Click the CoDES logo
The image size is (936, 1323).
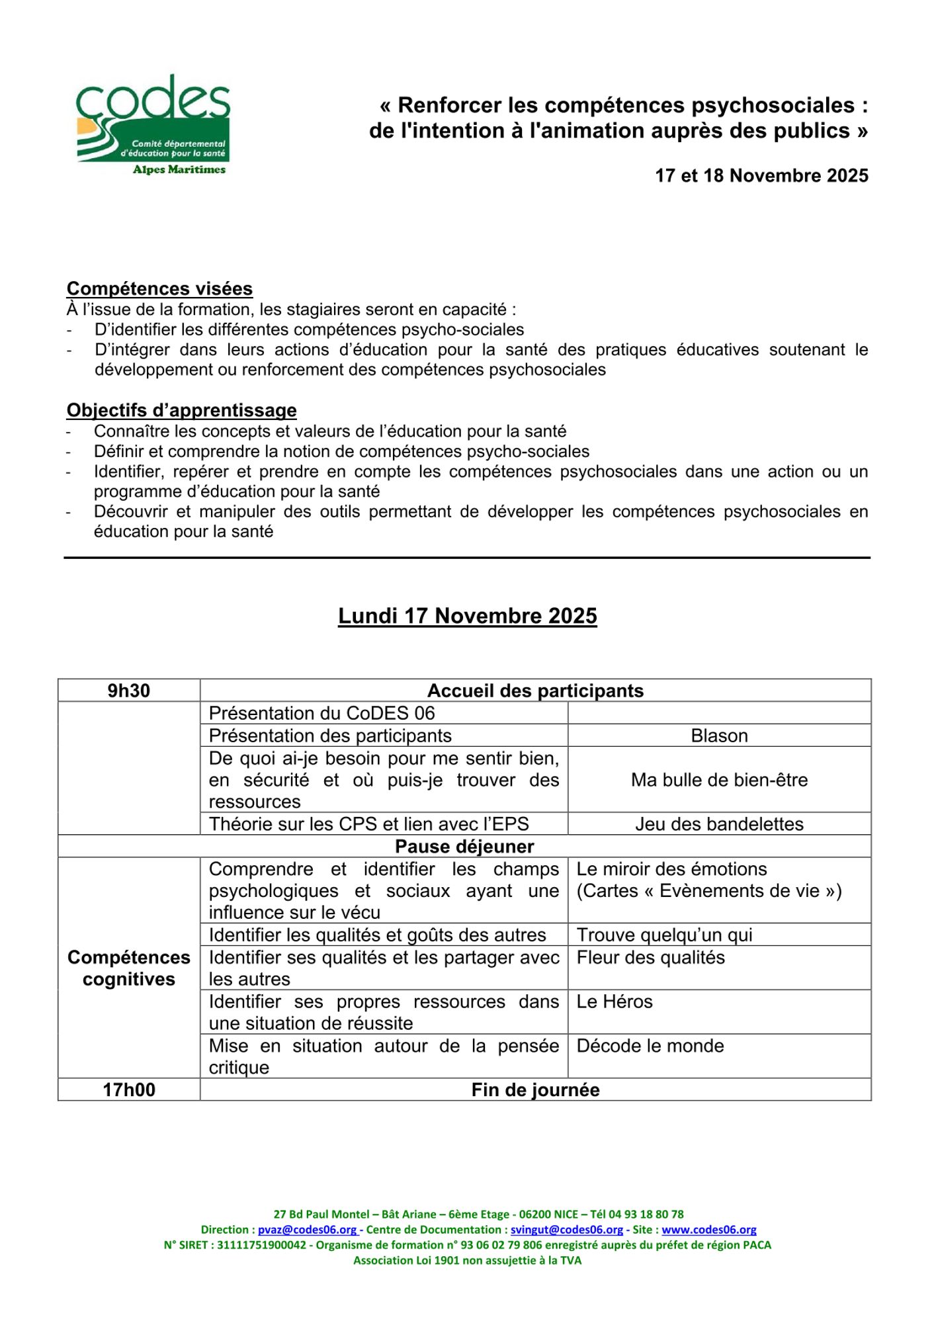pyautogui.click(x=153, y=124)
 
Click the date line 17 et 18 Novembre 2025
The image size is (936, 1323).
pyautogui.click(x=761, y=175)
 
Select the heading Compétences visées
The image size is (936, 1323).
pyautogui.click(x=159, y=288)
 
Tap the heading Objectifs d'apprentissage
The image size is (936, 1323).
pyautogui.click(x=181, y=410)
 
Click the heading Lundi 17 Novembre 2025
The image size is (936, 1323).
pyautogui.click(x=467, y=616)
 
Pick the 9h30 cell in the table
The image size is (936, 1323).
pyautogui.click(x=129, y=691)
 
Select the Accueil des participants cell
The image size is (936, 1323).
pyautogui.click(x=535, y=691)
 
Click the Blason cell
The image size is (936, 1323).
pyautogui.click(x=719, y=736)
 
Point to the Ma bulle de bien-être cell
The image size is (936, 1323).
pyautogui.click(x=719, y=780)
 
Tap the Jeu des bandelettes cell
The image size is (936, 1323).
pyautogui.click(x=719, y=824)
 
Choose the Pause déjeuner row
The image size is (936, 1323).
pyautogui.click(x=464, y=847)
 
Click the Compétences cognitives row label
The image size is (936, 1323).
pyautogui.click(x=129, y=968)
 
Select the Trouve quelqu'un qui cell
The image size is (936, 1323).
pyautogui.click(x=664, y=935)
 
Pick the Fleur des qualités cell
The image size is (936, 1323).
pyautogui.click(x=650, y=958)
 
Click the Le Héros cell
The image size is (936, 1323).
pyautogui.click(x=615, y=1002)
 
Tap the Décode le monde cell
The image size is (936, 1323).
pyautogui.click(x=650, y=1046)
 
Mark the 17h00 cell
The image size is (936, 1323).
pyautogui.click(x=129, y=1090)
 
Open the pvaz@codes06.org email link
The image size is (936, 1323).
pyautogui.click(x=308, y=1230)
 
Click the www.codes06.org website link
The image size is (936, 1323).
pyautogui.click(x=708, y=1230)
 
